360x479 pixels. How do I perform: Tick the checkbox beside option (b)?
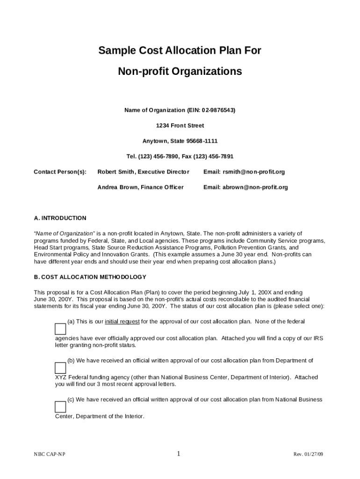click(x=60, y=368)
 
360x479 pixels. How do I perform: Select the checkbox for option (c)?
click(x=60, y=407)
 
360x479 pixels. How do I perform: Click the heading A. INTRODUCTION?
click(x=60, y=218)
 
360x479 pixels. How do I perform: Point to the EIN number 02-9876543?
click(x=217, y=110)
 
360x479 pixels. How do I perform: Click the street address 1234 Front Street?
click(x=180, y=126)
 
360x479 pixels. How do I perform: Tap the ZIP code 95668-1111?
click(x=202, y=141)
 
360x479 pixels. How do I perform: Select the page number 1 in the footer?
click(x=179, y=454)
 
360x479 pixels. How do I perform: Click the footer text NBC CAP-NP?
click(x=50, y=455)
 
